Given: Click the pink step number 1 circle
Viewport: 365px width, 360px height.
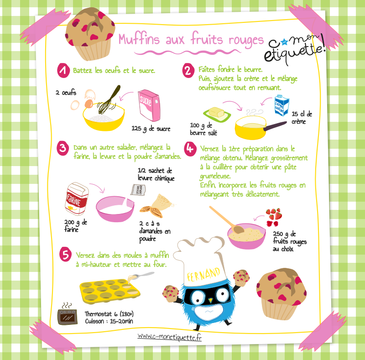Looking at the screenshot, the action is (63, 70).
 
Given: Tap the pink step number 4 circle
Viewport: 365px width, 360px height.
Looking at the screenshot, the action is (190, 149).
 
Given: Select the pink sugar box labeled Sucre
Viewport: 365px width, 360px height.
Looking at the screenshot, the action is (149, 105).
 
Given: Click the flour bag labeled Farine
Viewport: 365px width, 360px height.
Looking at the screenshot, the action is (77, 198).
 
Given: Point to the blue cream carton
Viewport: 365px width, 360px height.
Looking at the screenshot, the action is (282, 105).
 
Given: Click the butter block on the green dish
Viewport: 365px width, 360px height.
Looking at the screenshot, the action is (216, 112).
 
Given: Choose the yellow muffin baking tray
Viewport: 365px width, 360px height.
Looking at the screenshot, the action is (109, 291).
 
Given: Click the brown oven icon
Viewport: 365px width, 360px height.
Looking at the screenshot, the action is (68, 317).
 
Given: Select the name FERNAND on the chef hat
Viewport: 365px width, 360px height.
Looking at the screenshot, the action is (203, 274).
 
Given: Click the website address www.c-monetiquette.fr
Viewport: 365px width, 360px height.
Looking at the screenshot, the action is (169, 337).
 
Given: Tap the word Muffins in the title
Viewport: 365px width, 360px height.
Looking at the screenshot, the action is (139, 39).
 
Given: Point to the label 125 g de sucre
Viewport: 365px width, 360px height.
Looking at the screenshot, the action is (151, 129).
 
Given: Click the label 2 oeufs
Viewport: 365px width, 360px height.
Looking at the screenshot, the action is (66, 93).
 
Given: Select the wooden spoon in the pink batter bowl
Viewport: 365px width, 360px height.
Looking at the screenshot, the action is (227, 219).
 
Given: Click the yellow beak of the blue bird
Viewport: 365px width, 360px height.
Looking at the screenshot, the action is (211, 300).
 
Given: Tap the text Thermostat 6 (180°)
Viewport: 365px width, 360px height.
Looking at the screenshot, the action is (109, 314).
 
